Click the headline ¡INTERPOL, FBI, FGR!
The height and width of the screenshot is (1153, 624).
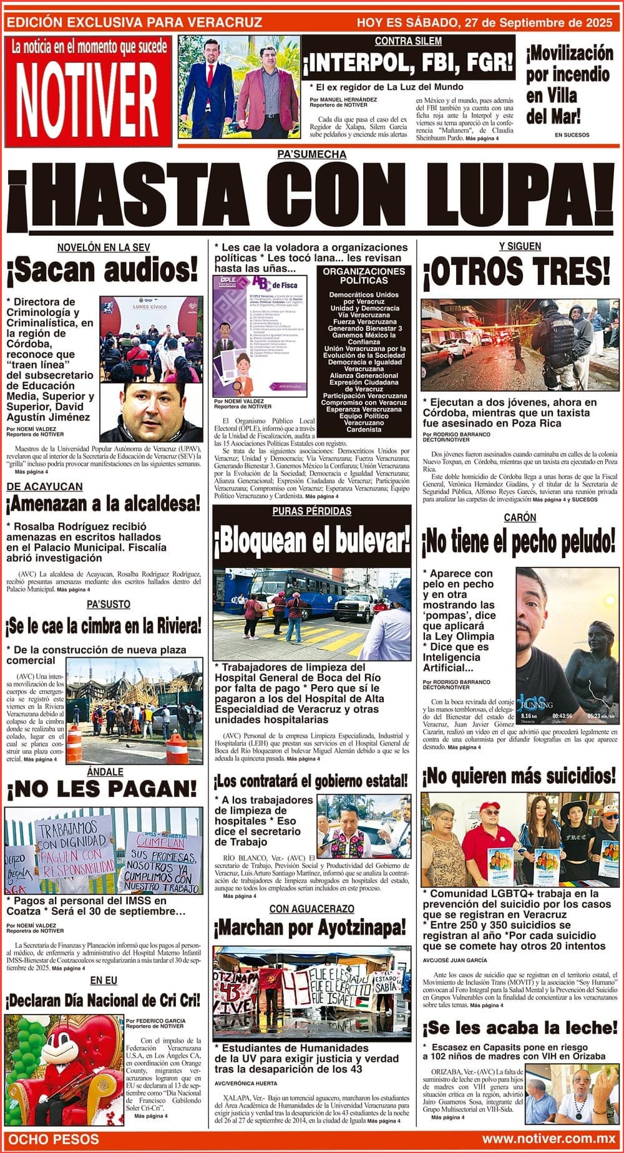[409, 63]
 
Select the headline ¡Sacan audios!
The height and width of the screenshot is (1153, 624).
[102, 271]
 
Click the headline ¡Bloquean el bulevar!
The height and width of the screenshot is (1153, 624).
[312, 541]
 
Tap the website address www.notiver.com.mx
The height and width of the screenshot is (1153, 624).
[548, 1139]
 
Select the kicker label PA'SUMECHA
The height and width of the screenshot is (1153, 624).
[311, 155]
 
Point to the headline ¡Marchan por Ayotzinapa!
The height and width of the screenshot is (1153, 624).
[310, 928]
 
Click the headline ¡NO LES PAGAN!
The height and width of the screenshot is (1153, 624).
[102, 789]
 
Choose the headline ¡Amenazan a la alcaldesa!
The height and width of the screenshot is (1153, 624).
[104, 503]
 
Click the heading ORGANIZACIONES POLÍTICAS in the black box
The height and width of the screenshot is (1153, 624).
[364, 276]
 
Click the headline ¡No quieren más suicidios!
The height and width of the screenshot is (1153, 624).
[519, 776]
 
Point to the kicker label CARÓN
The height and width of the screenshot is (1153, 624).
[520, 518]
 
